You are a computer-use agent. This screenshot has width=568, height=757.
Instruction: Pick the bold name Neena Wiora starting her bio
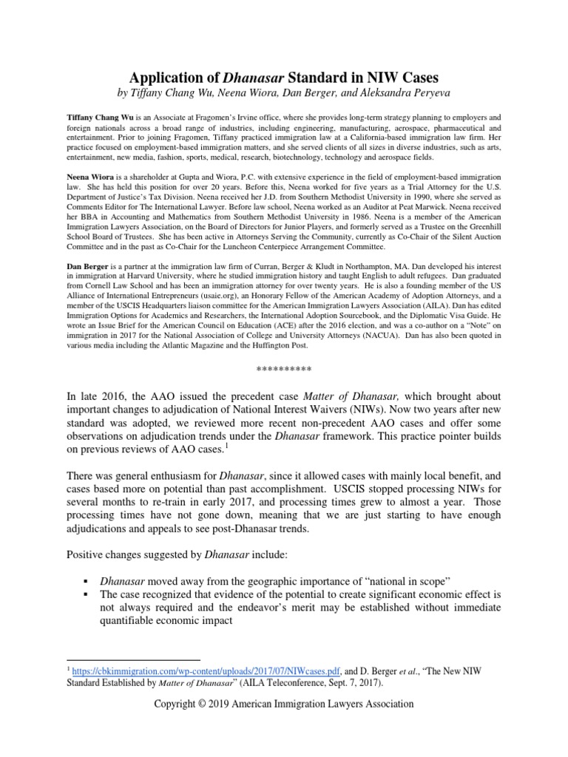[94, 179]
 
